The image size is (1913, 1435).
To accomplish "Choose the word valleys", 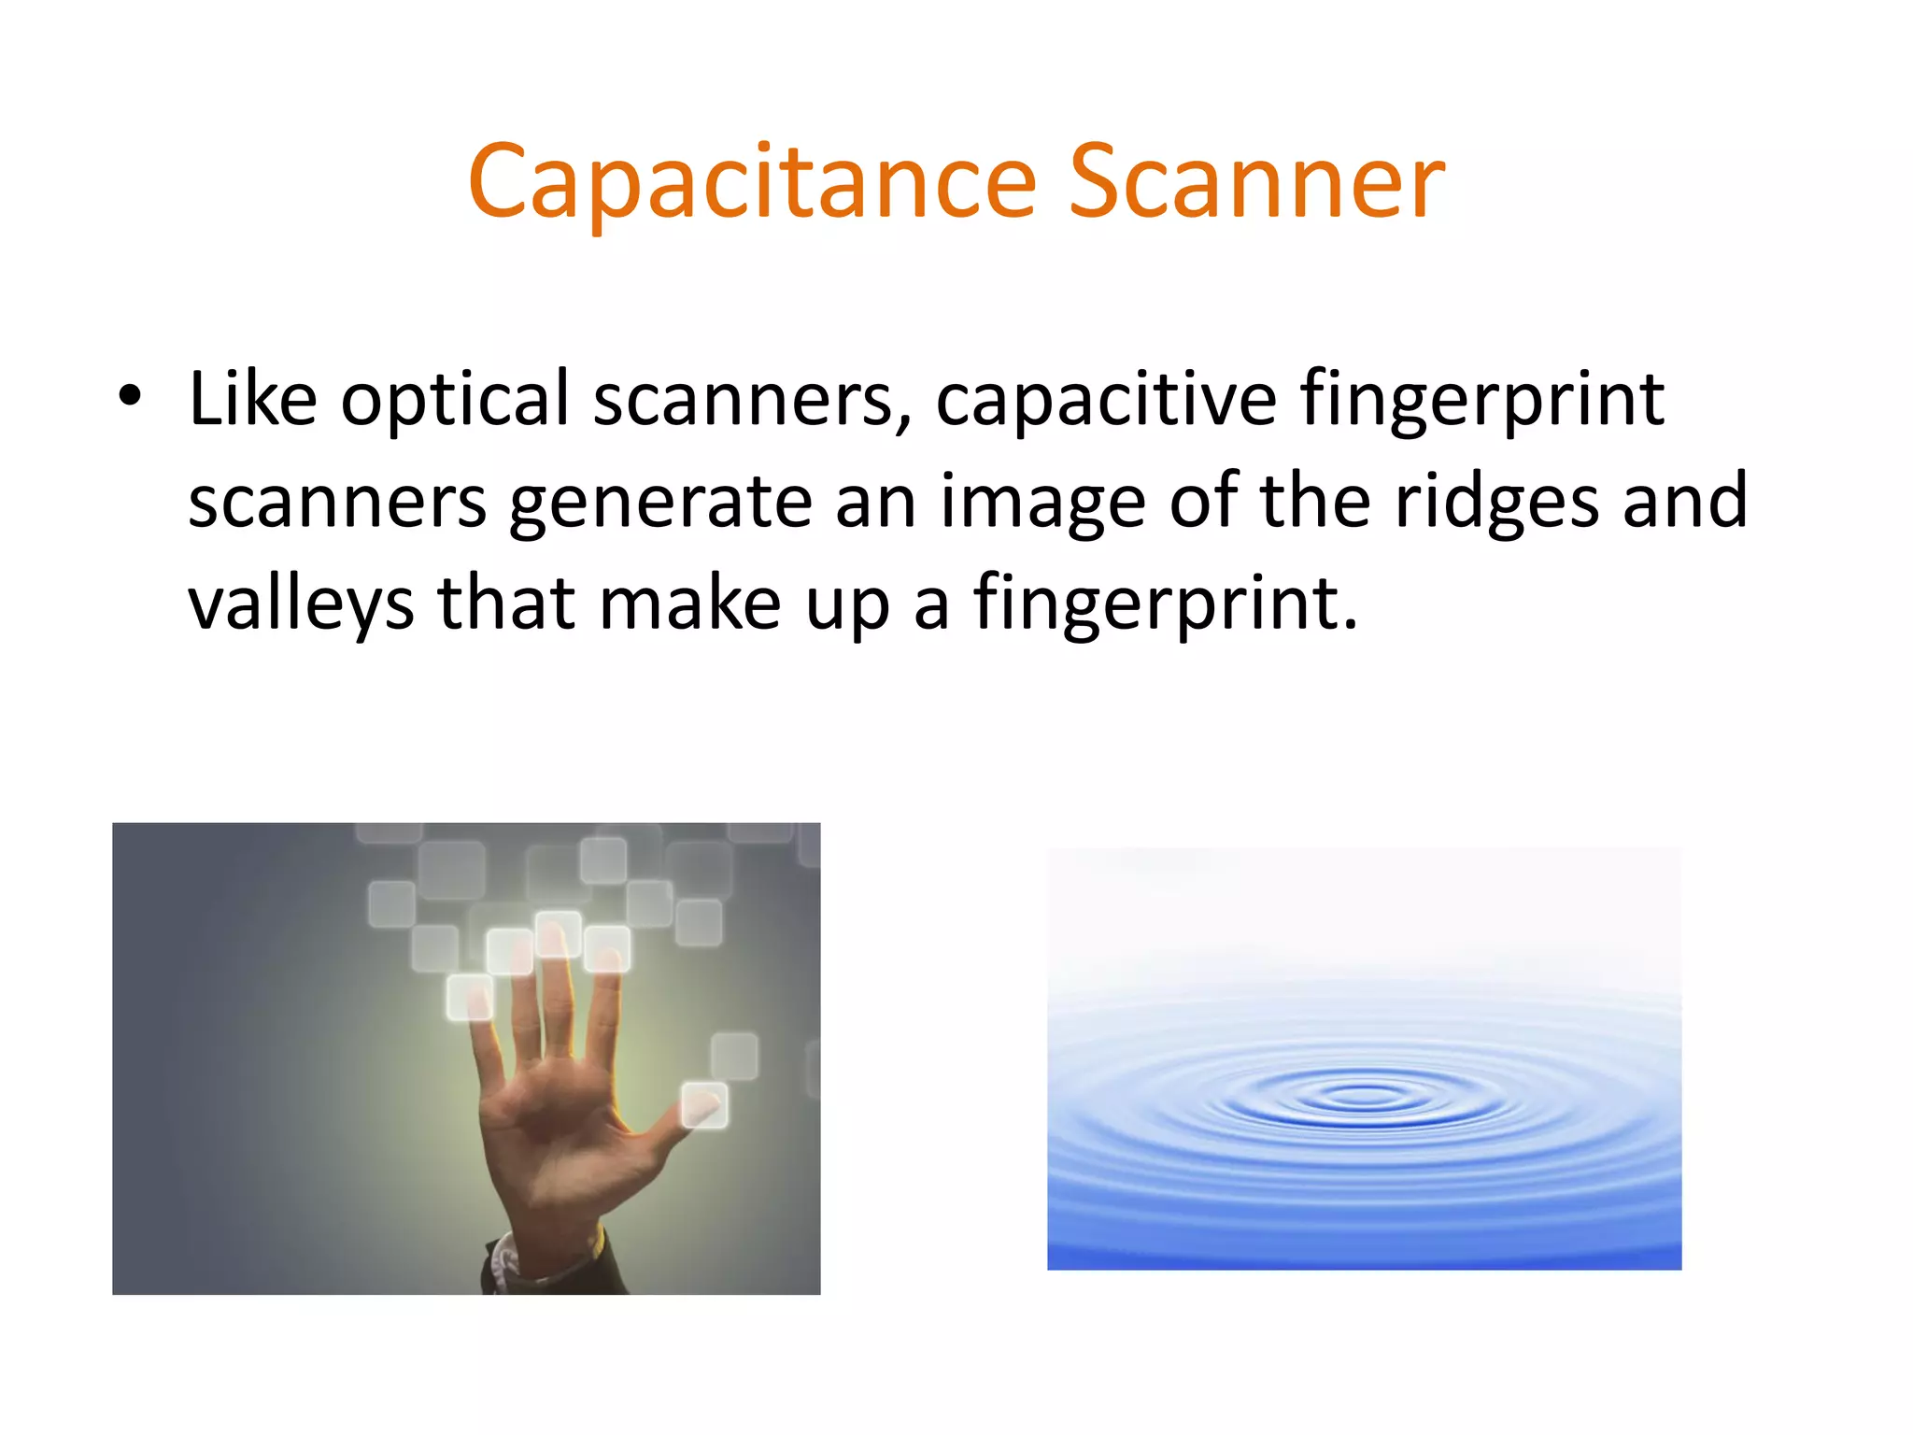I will [301, 605].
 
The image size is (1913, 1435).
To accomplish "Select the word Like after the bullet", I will [252, 399].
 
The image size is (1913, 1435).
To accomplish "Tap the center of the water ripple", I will [1364, 1095].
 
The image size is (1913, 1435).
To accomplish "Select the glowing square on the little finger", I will [470, 998].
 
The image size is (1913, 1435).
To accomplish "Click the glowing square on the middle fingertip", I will [558, 934].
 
